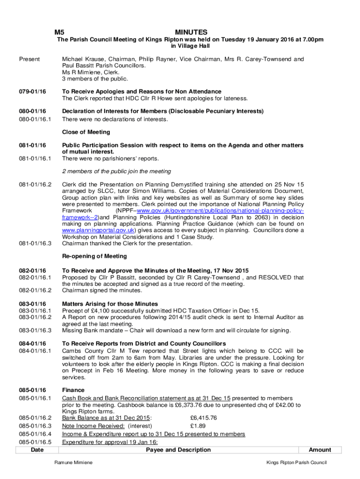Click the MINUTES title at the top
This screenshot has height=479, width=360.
point(191,32)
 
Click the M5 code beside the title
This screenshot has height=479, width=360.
point(59,32)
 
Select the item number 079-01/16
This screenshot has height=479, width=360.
point(32,92)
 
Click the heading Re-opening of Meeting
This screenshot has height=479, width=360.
point(94,256)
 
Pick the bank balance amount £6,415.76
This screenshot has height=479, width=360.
point(203,418)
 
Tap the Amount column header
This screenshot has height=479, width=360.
point(320,450)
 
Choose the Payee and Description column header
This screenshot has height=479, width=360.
point(178,450)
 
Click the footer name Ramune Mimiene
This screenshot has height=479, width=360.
point(73,463)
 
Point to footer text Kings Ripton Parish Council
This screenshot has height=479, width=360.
point(296,463)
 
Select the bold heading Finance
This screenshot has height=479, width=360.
point(73,390)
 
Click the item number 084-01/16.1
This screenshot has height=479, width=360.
point(35,351)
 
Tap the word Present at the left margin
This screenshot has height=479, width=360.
point(29,59)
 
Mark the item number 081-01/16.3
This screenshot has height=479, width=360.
point(35,243)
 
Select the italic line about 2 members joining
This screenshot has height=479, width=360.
point(116,171)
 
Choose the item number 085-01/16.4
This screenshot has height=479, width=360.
point(35,434)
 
